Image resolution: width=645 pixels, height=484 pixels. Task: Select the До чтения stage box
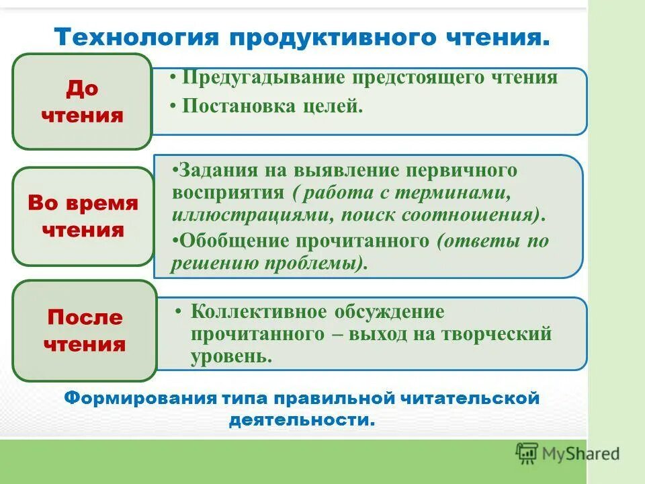[x=82, y=102]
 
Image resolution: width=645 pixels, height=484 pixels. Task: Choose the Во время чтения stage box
[x=83, y=216]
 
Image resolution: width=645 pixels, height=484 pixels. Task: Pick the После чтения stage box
[x=85, y=331]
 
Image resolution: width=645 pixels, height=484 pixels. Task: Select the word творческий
[x=498, y=334]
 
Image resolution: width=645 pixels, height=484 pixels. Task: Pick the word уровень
[x=231, y=356]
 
